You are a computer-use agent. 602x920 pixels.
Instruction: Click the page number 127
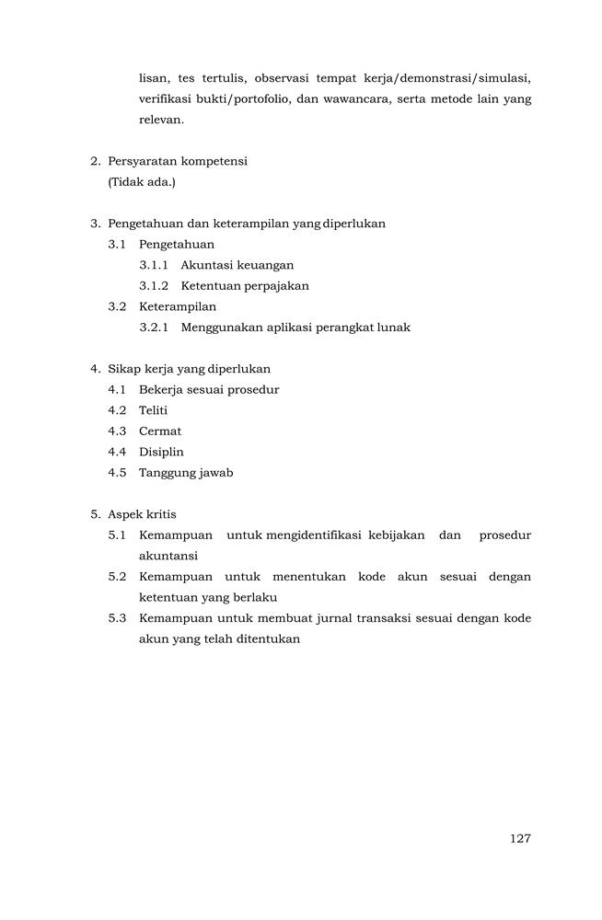520,838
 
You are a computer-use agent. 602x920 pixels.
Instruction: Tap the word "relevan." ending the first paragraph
161,120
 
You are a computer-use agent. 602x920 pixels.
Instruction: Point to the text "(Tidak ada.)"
142,181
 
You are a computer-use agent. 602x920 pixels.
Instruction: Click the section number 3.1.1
153,265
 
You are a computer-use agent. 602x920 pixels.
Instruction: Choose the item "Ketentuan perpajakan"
245,285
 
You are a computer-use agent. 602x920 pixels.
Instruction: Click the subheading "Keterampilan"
178,306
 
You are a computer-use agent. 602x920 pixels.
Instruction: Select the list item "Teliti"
153,410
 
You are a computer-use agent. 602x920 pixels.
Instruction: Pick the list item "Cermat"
160,431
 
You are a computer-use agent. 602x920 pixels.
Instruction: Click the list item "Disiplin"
161,452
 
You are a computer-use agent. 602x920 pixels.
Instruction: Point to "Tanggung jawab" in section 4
186,473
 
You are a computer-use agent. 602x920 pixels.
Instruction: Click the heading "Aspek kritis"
142,514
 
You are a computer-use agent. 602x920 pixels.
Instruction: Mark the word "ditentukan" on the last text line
270,639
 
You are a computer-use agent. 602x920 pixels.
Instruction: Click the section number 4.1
117,389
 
